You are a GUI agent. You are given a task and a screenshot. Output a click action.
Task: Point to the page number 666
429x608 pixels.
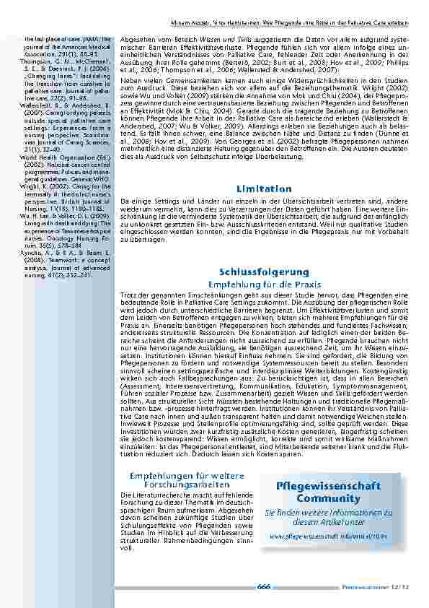click(x=263, y=587)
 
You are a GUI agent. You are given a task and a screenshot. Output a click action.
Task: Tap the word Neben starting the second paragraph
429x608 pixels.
click(x=130, y=77)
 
